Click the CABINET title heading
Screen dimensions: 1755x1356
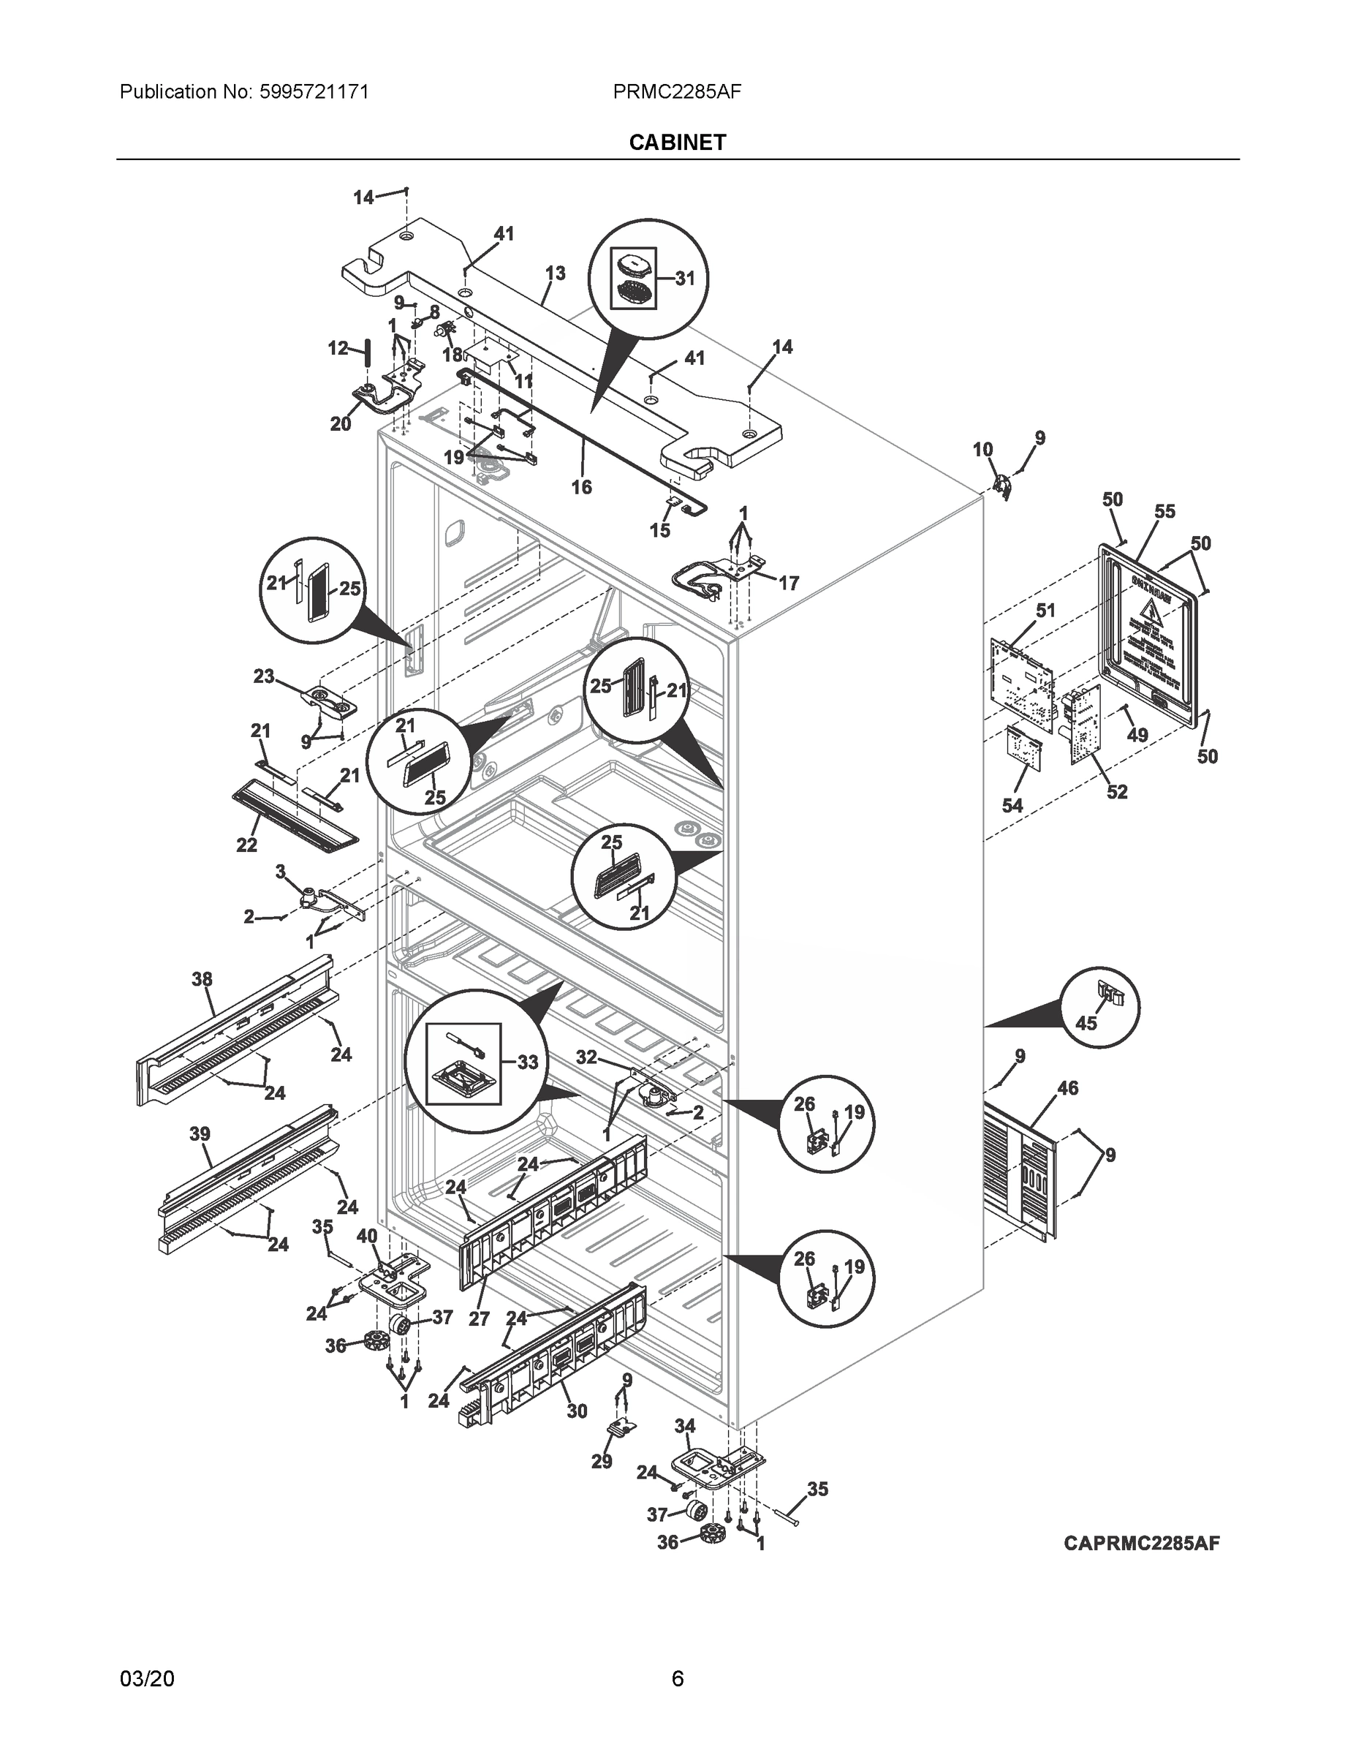[x=677, y=143]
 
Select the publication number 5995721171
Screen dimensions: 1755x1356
[x=314, y=91]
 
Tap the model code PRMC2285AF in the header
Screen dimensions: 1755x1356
[x=676, y=91]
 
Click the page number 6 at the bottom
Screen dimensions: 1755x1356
[x=677, y=1679]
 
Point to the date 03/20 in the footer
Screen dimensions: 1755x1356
[x=147, y=1679]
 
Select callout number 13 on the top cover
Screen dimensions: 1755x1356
[x=555, y=273]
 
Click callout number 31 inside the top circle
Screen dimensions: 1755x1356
[x=684, y=279]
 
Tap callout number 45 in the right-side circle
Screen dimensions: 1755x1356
[x=1086, y=1024]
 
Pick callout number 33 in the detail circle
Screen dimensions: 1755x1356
[x=527, y=1063]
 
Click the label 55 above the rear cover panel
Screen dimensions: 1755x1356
[x=1164, y=512]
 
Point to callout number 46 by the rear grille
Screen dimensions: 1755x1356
[x=1067, y=1089]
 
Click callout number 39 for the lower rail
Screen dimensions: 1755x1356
[x=200, y=1134]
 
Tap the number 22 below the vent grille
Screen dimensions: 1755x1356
[x=246, y=845]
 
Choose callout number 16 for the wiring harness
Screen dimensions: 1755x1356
[x=582, y=487]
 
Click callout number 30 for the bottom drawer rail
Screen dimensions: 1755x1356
[x=577, y=1411]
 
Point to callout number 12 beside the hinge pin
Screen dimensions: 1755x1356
[x=338, y=348]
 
